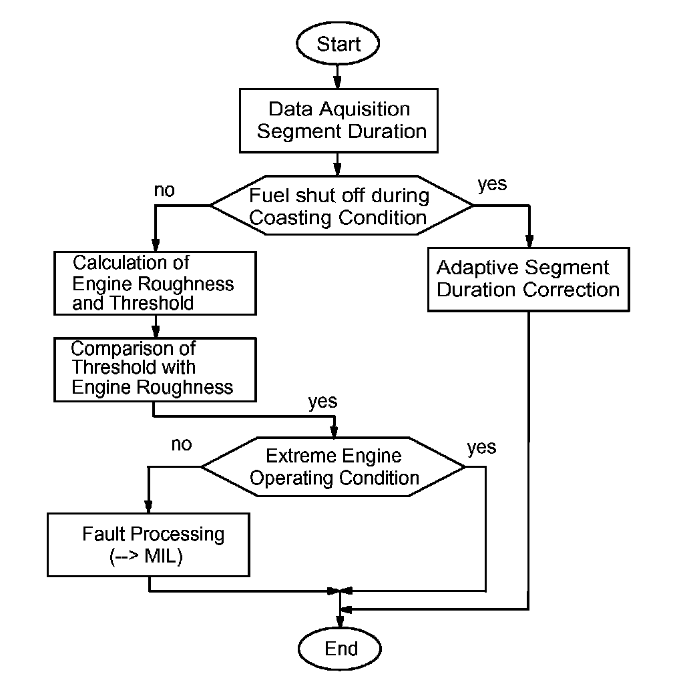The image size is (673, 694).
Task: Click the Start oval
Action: point(338,43)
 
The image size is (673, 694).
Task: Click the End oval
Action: point(340,649)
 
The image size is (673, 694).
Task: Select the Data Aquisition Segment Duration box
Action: point(339,121)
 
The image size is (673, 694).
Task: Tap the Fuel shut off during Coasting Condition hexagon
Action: point(341,206)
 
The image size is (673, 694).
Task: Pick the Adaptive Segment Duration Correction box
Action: point(528,280)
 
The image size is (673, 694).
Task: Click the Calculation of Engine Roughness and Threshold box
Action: point(155,283)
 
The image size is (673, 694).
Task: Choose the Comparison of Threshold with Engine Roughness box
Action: point(155,370)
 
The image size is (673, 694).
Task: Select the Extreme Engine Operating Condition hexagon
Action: point(333,466)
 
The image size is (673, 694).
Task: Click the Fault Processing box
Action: point(148,545)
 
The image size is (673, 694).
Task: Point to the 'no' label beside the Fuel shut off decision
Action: point(164,190)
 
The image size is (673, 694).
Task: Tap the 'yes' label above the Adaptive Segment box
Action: point(492,184)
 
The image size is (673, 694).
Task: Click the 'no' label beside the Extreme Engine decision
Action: point(182,444)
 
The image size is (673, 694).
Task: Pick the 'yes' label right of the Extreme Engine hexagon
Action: point(482,448)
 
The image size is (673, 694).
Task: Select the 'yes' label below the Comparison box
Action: point(322,402)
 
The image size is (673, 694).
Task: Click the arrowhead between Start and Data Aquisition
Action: point(337,82)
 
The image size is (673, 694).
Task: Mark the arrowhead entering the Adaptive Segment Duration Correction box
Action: point(529,241)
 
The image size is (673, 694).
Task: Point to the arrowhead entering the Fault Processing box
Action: point(148,506)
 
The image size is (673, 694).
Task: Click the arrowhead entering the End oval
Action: point(340,621)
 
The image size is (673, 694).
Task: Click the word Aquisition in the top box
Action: point(365,109)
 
